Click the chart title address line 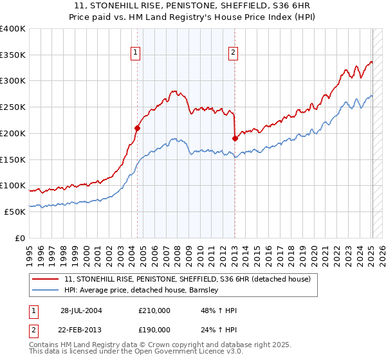point(193,5)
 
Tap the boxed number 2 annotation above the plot point(232,53)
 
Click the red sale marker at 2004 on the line point(137,128)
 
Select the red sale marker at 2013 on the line point(235,138)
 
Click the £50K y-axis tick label point(15,212)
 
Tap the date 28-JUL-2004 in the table point(82,310)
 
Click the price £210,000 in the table point(154,310)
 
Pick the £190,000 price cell point(154,330)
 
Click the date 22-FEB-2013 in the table point(82,330)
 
